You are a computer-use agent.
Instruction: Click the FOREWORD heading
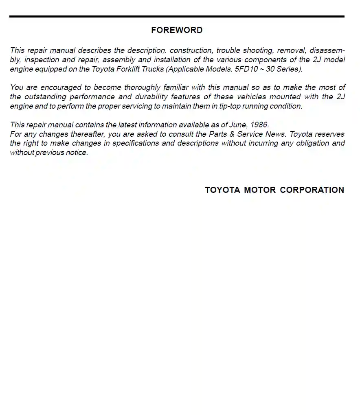(x=177, y=30)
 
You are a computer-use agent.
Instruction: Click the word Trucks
(x=153, y=69)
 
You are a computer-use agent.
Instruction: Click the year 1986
(x=259, y=125)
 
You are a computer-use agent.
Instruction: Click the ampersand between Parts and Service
(x=232, y=134)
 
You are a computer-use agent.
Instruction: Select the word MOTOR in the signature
(x=260, y=190)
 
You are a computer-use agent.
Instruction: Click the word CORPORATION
(x=312, y=190)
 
